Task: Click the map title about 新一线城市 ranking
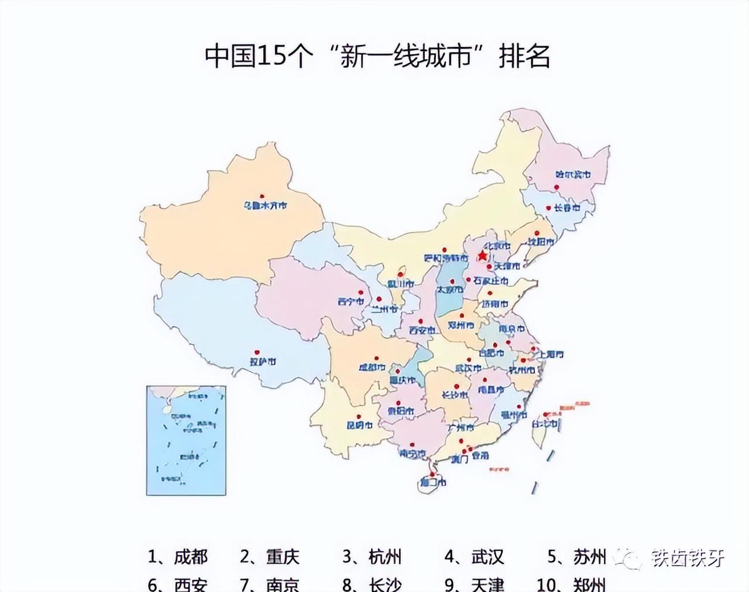pos(377,57)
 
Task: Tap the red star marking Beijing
pos(482,256)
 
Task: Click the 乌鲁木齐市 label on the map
pos(266,205)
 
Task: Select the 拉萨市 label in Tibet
pos(263,362)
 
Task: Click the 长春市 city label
pos(566,208)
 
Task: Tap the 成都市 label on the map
pos(372,367)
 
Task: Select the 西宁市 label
pos(351,302)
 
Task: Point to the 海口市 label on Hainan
pos(433,483)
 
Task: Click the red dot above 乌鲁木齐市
pos(263,196)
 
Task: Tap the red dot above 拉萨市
pos(256,352)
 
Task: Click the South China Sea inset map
pos(186,440)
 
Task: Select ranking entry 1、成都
pos(177,556)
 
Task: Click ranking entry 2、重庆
pos(270,556)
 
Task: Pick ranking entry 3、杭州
pos(372,556)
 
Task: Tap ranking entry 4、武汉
pos(474,556)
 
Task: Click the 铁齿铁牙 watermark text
pos(688,558)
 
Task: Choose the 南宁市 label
pos(412,453)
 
